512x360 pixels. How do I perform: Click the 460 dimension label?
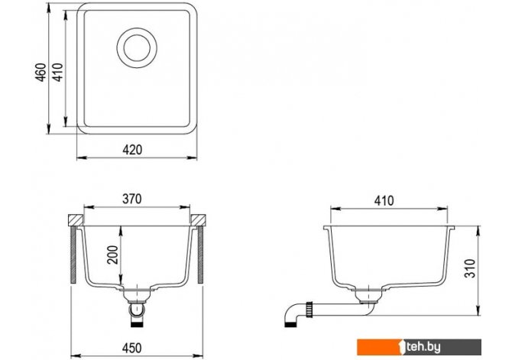click(41, 72)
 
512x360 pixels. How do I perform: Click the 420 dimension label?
click(132, 150)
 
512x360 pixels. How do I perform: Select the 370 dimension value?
click(132, 199)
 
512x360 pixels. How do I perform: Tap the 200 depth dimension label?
click(112, 255)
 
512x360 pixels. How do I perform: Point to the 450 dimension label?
click(132, 348)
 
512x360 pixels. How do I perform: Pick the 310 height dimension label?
click(470, 268)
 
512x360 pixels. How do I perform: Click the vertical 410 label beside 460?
click(58, 72)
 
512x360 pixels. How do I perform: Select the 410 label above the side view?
click(384, 200)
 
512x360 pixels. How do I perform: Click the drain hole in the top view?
click(137, 47)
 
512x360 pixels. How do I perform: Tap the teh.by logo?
click(419, 347)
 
